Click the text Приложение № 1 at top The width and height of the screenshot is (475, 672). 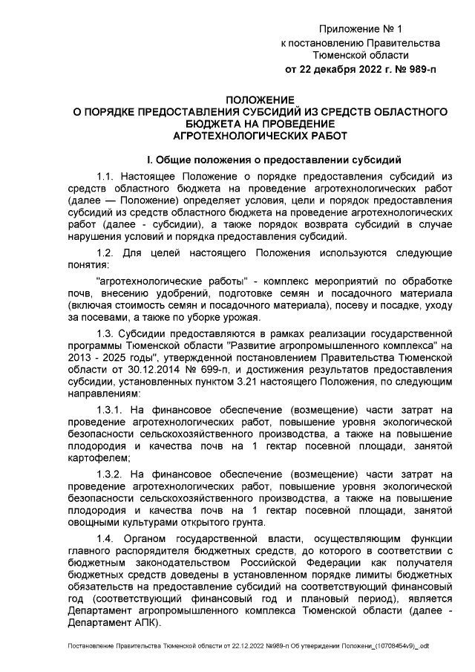360,29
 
